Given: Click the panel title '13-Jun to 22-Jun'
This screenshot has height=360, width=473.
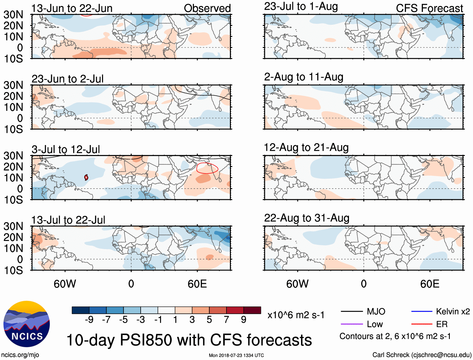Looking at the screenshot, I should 72,8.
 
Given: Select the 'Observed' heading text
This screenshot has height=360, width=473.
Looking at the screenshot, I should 207,8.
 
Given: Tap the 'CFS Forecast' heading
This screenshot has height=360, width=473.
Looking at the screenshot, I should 429,8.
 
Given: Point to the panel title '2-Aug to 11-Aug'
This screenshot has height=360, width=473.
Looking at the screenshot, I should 304,77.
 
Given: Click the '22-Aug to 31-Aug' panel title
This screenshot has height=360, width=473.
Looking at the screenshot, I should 307,218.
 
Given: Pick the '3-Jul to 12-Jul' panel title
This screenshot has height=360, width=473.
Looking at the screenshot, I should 66,149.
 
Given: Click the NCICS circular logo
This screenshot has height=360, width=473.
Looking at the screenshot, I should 27,324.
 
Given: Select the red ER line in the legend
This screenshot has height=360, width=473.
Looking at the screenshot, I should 422,324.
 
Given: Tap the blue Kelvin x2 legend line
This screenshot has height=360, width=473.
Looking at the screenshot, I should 422,311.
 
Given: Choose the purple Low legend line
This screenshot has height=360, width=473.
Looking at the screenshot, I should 351,324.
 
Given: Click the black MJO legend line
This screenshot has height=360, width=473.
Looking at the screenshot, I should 351,311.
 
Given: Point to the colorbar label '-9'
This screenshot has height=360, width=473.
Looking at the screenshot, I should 89,320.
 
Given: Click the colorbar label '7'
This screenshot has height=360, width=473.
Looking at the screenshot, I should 226,320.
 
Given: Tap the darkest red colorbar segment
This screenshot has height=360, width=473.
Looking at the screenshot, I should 252,310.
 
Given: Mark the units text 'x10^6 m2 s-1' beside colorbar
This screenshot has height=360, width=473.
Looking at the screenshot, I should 296,315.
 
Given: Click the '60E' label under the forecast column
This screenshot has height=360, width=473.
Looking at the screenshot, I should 429,284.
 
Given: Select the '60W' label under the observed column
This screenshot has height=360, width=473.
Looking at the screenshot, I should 65,284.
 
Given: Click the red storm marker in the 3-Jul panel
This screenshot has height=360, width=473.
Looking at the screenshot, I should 86,177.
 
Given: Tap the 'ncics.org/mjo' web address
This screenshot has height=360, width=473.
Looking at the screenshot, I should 20,355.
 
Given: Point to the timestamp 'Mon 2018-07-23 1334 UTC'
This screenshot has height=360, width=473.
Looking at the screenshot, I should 236,355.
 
